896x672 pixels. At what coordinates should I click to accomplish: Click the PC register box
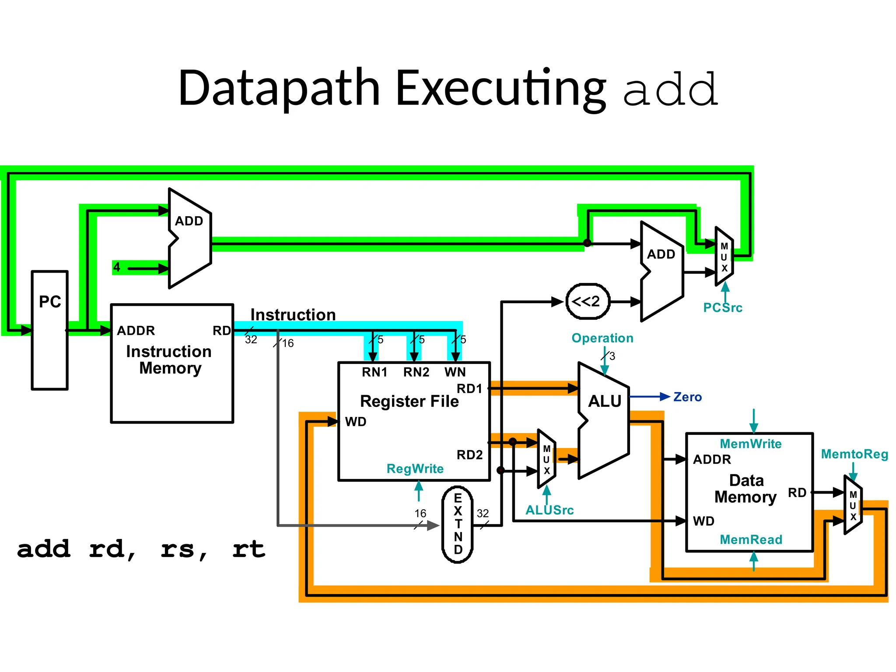[x=49, y=330]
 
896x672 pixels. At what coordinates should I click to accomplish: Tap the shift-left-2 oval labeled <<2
[x=588, y=301]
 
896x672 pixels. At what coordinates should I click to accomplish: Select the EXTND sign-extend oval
[x=458, y=524]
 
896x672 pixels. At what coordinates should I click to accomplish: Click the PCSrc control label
[x=722, y=308]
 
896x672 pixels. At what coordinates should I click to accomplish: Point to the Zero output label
[x=687, y=397]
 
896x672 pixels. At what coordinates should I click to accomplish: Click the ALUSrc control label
[x=549, y=510]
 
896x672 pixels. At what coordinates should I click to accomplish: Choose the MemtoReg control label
[x=854, y=454]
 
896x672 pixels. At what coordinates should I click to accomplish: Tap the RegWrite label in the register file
[x=415, y=469]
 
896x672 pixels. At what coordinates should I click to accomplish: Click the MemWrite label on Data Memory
[x=750, y=444]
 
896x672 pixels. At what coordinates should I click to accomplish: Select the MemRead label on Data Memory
[x=751, y=539]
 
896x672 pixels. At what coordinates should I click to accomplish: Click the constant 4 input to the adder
[x=117, y=267]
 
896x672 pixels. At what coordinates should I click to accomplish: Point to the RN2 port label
[x=416, y=372]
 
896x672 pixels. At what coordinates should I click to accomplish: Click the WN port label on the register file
[x=455, y=372]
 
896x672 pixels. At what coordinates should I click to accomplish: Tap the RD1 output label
[x=469, y=388]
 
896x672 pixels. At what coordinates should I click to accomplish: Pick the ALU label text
[x=604, y=401]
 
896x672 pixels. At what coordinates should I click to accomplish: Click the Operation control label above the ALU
[x=602, y=338]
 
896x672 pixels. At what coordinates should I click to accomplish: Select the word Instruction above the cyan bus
[x=293, y=315]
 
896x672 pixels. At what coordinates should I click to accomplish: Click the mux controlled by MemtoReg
[x=853, y=505]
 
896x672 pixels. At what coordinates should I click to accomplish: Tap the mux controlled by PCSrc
[x=724, y=257]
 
